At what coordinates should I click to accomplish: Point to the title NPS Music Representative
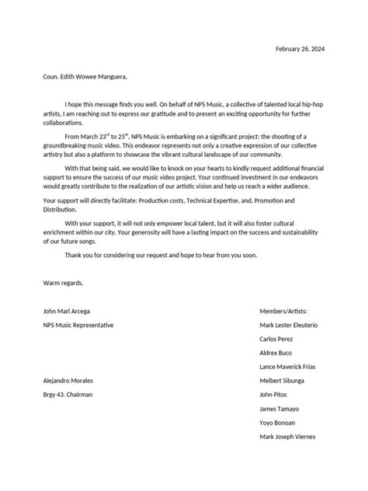click(78, 324)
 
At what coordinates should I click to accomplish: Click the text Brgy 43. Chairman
click(68, 395)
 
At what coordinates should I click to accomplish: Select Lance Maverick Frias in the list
click(287, 366)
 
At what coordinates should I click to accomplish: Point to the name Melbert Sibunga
click(282, 381)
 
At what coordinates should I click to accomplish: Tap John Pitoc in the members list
click(273, 395)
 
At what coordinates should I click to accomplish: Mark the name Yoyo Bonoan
click(278, 423)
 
